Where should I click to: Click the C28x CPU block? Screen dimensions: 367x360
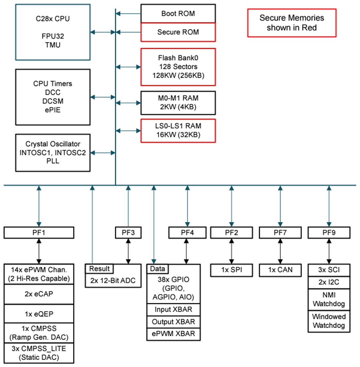click(52, 32)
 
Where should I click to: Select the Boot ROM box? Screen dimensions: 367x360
click(178, 14)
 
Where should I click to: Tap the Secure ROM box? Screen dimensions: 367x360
click(178, 32)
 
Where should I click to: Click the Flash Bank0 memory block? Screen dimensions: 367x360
click(178, 67)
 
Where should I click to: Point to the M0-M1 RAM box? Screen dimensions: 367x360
click(178, 103)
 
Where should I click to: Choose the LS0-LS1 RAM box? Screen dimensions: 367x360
click(178, 130)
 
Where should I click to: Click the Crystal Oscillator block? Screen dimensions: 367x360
click(52, 152)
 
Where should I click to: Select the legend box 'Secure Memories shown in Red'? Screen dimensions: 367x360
click(292, 23)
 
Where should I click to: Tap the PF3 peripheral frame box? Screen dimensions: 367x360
click(128, 233)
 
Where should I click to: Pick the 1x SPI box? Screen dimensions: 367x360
click(231, 270)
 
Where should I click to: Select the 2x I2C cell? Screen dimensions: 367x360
click(329, 283)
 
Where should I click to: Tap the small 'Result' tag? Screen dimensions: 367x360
click(99, 269)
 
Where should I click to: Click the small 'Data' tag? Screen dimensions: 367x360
click(158, 269)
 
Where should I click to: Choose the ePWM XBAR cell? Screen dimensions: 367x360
click(174, 334)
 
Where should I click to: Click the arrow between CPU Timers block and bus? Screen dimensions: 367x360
click(103, 97)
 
